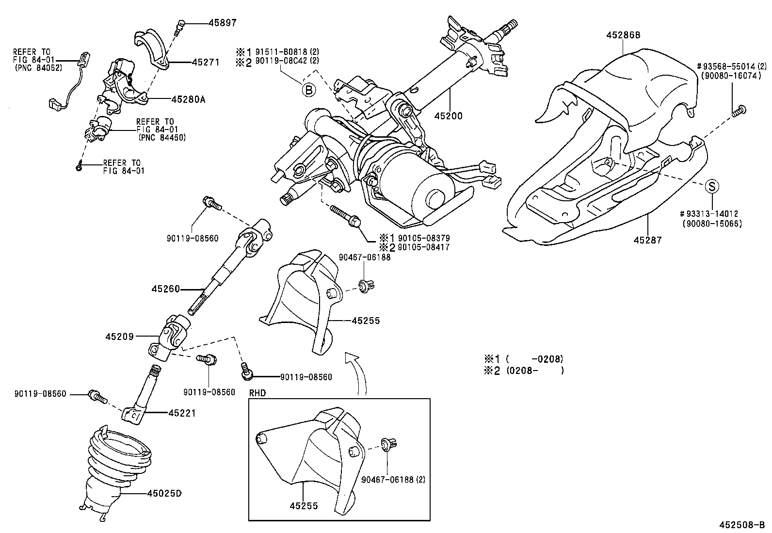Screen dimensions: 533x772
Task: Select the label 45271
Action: coord(206,62)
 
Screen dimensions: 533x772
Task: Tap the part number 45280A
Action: coord(188,99)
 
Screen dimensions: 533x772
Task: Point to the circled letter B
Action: coord(309,89)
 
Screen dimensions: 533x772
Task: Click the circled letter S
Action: coord(711,185)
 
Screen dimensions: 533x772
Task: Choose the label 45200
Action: coord(448,116)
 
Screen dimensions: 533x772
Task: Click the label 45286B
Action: coord(623,35)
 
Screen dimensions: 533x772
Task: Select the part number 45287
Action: coord(647,240)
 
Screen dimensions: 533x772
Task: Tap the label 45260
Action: coord(165,289)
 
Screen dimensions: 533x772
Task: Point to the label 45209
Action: coord(120,336)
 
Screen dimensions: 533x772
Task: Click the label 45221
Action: coord(182,413)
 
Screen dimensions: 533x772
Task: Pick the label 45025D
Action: coord(164,494)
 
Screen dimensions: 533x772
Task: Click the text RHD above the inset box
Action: coord(257,393)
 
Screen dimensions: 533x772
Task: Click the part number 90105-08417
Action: coord(423,247)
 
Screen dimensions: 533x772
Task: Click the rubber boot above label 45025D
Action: coord(118,456)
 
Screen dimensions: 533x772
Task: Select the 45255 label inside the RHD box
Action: coord(304,506)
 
